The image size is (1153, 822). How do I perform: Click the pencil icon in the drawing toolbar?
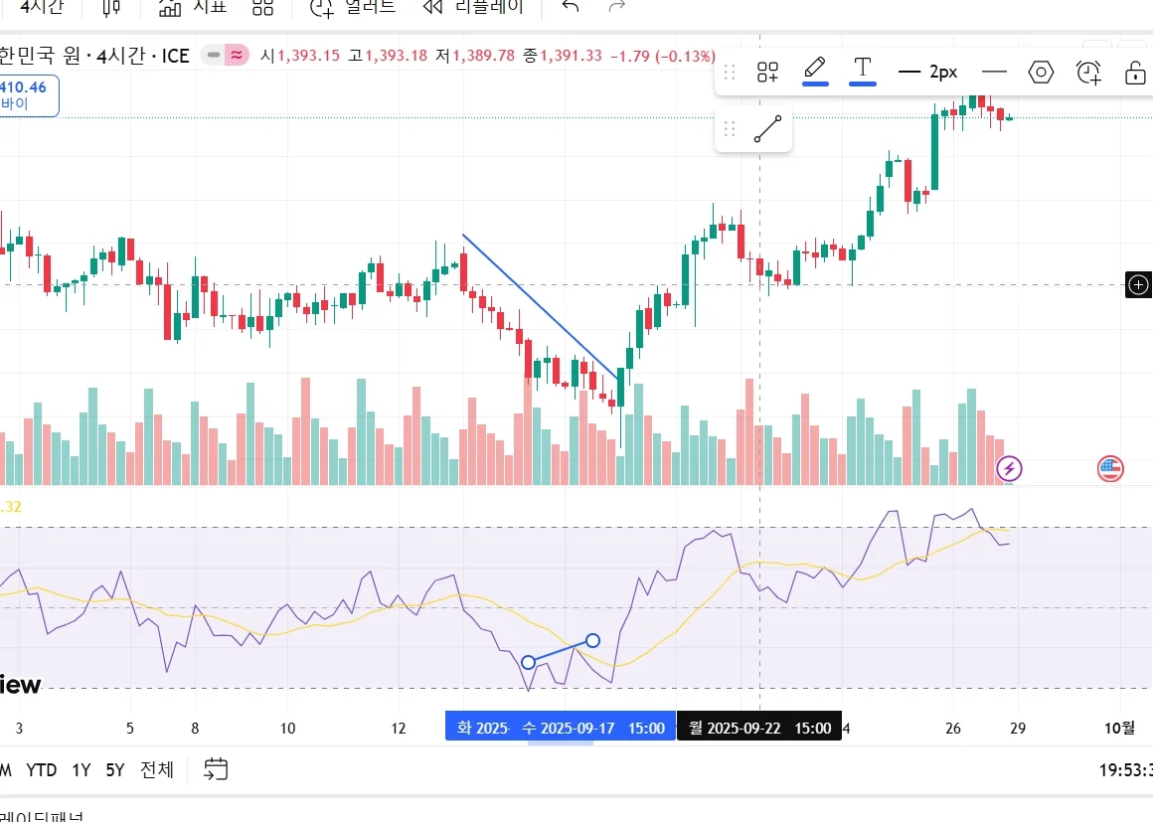(x=815, y=70)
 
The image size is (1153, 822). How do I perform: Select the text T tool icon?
(x=863, y=70)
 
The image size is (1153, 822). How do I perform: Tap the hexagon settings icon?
(x=1041, y=72)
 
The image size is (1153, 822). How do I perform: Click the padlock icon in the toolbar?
(x=1135, y=73)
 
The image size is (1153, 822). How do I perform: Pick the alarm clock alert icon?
(x=1088, y=72)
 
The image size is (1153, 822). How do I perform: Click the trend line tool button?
(x=767, y=129)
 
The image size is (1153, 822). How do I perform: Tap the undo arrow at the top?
(x=570, y=7)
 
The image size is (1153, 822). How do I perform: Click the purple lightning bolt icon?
(x=1010, y=468)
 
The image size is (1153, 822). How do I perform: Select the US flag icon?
(x=1110, y=468)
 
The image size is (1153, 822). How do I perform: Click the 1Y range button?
(x=82, y=769)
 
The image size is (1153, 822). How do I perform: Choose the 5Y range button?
(x=115, y=769)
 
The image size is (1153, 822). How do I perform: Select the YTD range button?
(x=41, y=769)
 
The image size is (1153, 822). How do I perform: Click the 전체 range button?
(x=157, y=769)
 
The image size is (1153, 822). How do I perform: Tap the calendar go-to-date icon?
(x=216, y=768)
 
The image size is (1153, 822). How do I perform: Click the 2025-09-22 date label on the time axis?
(x=759, y=728)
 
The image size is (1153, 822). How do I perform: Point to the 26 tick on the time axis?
(x=953, y=728)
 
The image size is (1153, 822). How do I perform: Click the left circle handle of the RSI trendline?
(x=528, y=662)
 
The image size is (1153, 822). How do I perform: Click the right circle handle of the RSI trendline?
(x=592, y=640)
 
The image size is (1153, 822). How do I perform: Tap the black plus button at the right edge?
(x=1138, y=285)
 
